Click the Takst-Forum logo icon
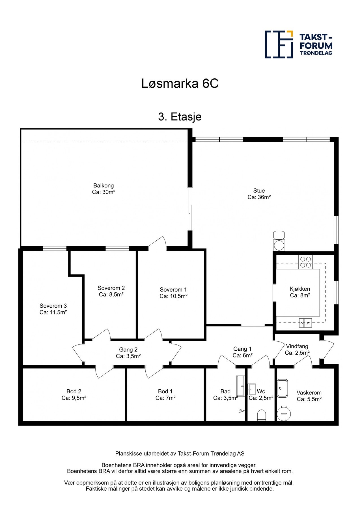(x=279, y=44)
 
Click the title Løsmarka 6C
(x=180, y=84)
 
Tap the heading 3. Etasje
(x=180, y=117)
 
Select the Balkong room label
(x=104, y=186)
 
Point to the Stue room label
(x=259, y=191)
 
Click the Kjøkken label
(x=300, y=289)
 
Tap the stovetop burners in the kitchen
(x=305, y=262)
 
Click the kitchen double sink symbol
(x=305, y=323)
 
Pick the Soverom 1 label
(x=173, y=290)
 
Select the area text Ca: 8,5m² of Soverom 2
(x=111, y=295)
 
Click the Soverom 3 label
(x=53, y=306)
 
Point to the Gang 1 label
(x=242, y=349)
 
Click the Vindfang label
(x=297, y=346)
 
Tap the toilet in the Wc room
(x=262, y=415)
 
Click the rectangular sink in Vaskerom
(x=282, y=388)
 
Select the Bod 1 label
(x=165, y=392)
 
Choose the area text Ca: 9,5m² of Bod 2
(x=74, y=398)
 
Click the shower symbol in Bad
(x=242, y=411)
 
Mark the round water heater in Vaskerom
(x=284, y=413)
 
